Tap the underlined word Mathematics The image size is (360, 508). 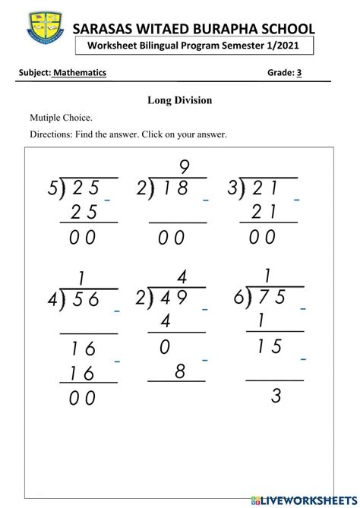point(79,73)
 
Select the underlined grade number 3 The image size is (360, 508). point(299,73)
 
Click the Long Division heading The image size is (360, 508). point(179,100)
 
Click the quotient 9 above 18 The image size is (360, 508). point(184,166)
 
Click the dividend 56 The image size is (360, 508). point(84,300)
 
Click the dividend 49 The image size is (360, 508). point(174,299)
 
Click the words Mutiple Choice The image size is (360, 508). point(61,118)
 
